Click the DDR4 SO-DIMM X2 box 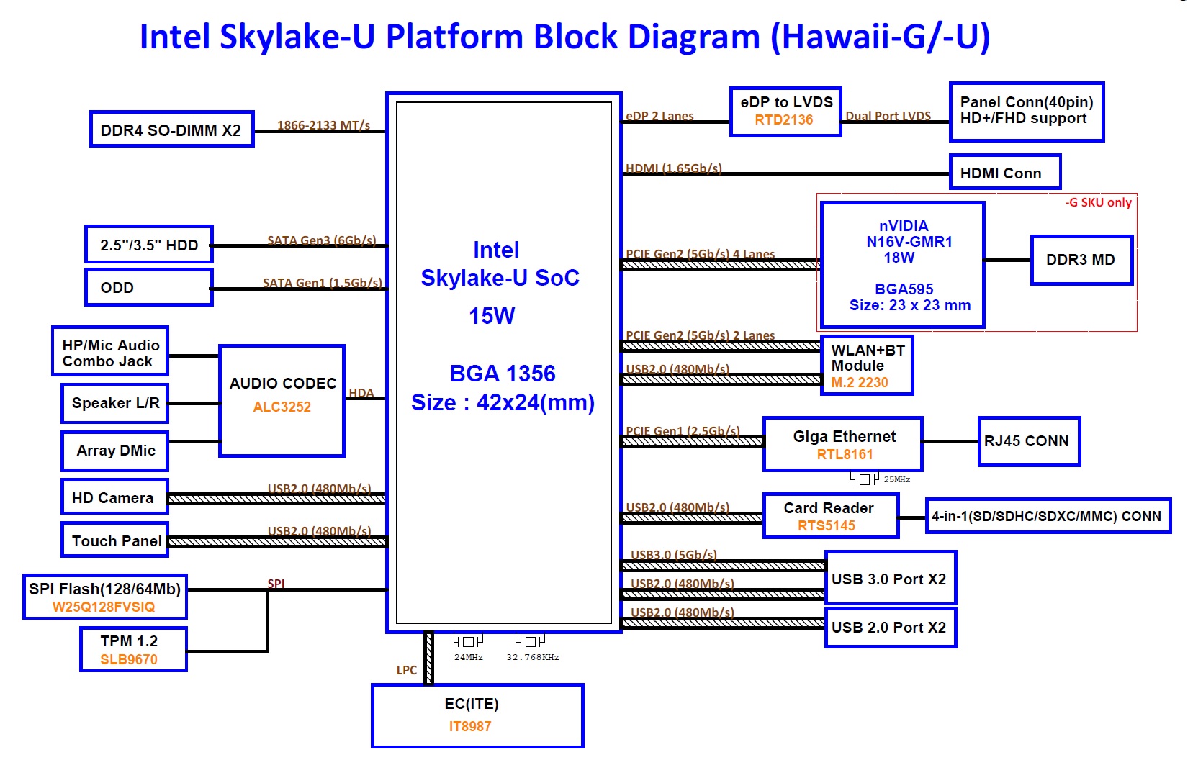click(171, 130)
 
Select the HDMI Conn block click(1004, 173)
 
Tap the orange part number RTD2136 click(783, 120)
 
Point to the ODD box click(148, 287)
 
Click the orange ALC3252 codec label click(282, 407)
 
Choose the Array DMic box click(115, 451)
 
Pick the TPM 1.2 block click(133, 649)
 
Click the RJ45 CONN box click(1028, 441)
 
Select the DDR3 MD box click(1081, 260)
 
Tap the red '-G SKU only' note click(1098, 202)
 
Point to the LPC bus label click(407, 670)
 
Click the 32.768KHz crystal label click(533, 657)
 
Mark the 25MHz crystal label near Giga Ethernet click(897, 479)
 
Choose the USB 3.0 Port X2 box click(890, 579)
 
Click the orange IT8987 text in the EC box click(470, 726)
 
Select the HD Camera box click(114, 497)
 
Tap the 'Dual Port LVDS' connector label click(888, 116)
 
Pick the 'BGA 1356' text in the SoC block click(503, 373)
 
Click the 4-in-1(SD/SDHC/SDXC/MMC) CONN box click(1047, 516)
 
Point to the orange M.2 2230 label click(860, 383)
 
